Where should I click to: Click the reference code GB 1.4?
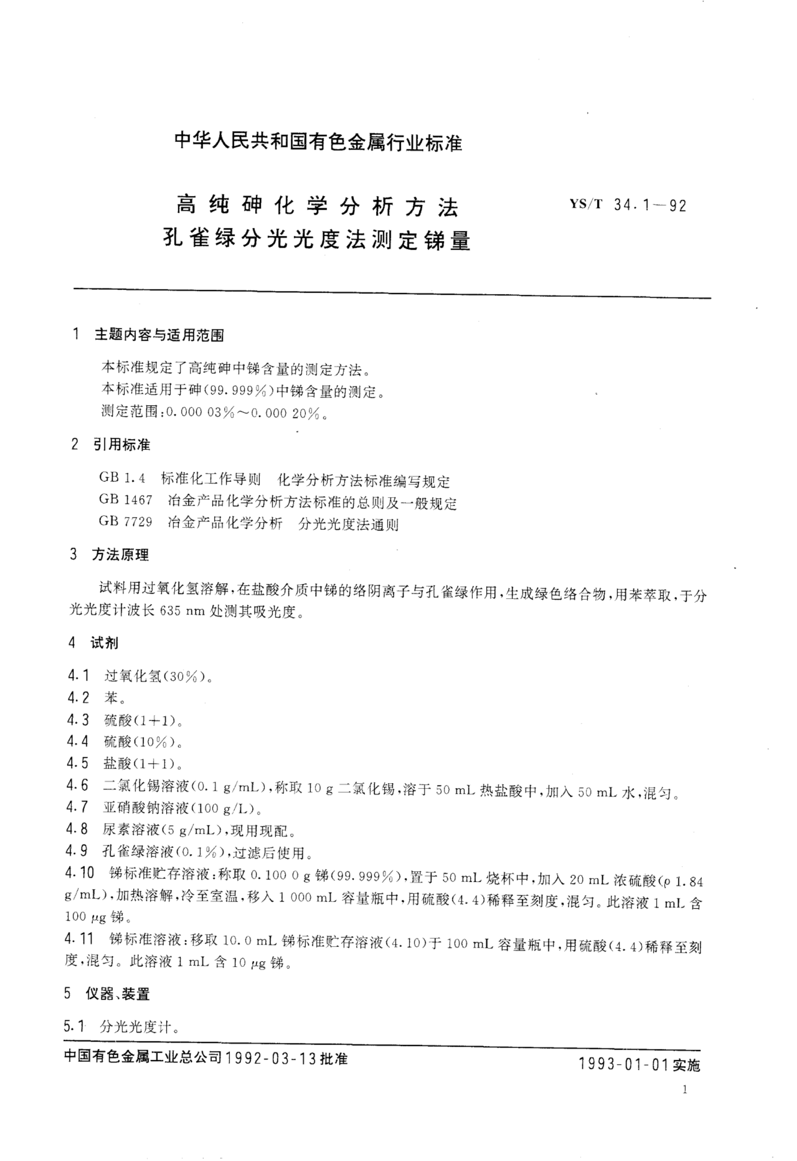(x=122, y=478)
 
